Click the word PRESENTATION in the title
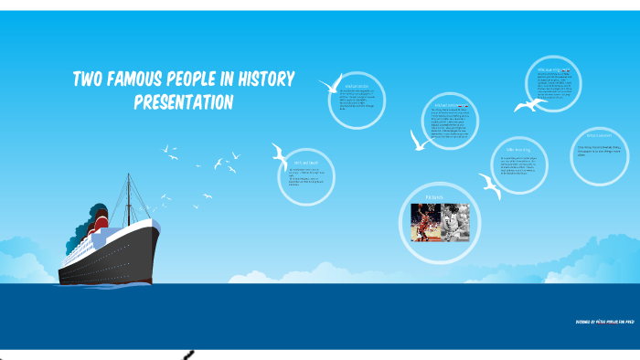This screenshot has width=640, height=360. click(x=184, y=102)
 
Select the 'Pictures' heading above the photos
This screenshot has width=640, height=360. click(x=434, y=196)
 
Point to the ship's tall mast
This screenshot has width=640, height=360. click(x=128, y=196)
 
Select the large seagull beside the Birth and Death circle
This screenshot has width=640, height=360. click(x=281, y=154)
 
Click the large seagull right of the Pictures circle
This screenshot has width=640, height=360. click(x=491, y=189)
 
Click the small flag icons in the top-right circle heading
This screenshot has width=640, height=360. click(x=567, y=70)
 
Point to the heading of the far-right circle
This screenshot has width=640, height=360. click(x=592, y=136)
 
